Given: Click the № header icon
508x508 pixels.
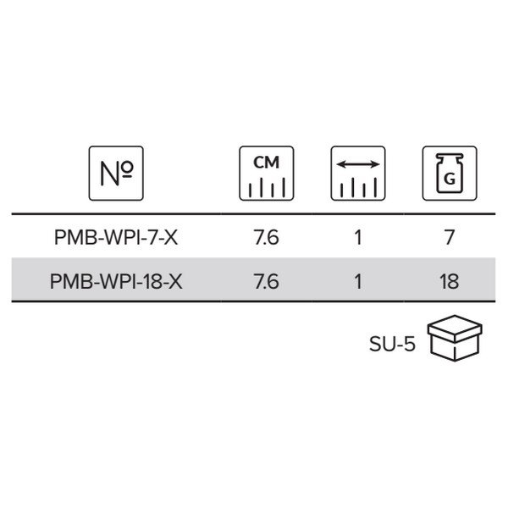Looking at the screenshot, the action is coord(116,174).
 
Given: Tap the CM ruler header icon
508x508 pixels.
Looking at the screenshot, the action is coord(267,174).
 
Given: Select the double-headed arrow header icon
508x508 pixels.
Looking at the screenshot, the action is coord(358,174).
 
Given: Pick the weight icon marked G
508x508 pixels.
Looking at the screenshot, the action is coord(450,174).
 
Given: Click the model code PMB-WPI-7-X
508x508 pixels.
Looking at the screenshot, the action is coord(116,237).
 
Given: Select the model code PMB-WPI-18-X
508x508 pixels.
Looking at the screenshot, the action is coord(116,282).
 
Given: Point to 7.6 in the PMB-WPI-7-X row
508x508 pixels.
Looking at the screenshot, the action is coord(267,237).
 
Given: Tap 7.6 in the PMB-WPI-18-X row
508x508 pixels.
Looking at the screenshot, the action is coord(267,282).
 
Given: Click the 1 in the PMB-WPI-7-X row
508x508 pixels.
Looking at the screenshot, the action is coord(358,237).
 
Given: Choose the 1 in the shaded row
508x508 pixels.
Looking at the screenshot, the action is coord(358,282).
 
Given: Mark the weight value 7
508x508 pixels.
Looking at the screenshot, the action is coord(450,237).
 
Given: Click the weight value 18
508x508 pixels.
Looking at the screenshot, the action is coord(450,282).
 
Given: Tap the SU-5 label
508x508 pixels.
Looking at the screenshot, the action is coord(392,344).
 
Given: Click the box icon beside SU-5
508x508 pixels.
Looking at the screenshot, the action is coord(455,338).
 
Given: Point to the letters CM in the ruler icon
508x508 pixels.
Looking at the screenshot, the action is coord(267,163).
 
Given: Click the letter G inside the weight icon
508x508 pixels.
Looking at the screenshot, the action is coord(450,179).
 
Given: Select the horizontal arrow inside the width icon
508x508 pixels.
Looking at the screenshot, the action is coord(358,164).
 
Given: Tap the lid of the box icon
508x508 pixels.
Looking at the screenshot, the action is coord(455,328).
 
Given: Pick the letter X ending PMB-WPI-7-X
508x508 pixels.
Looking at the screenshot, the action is coord(171,237).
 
